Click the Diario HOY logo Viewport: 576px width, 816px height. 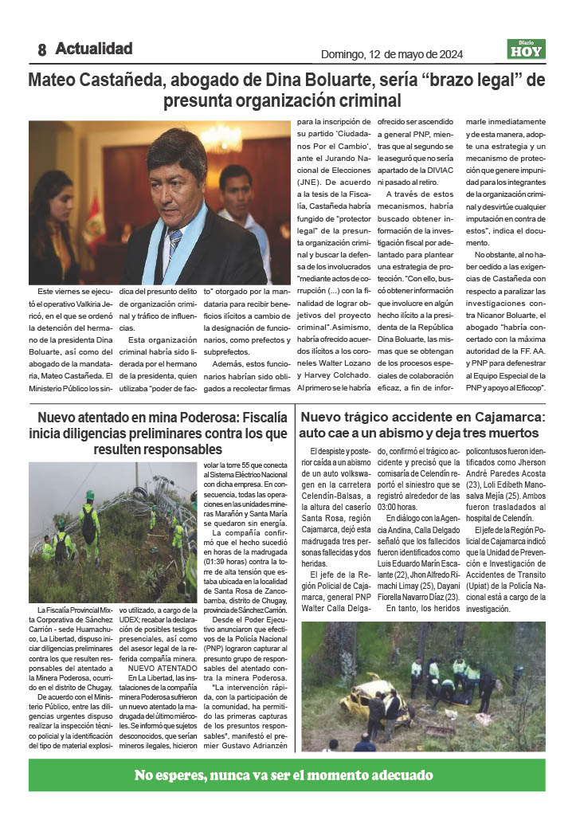click(526, 49)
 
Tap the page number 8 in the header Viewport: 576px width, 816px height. click(41, 50)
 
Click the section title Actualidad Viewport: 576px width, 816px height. click(94, 49)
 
